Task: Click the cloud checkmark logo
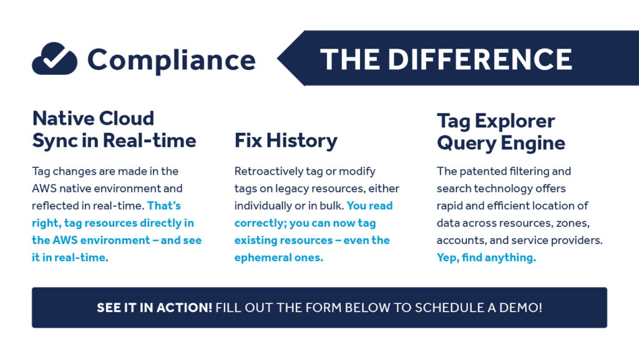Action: [54, 59]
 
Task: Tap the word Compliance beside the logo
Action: [171, 61]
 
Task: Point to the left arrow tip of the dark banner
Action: [280, 59]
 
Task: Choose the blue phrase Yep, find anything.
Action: [486, 258]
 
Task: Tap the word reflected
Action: [54, 205]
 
